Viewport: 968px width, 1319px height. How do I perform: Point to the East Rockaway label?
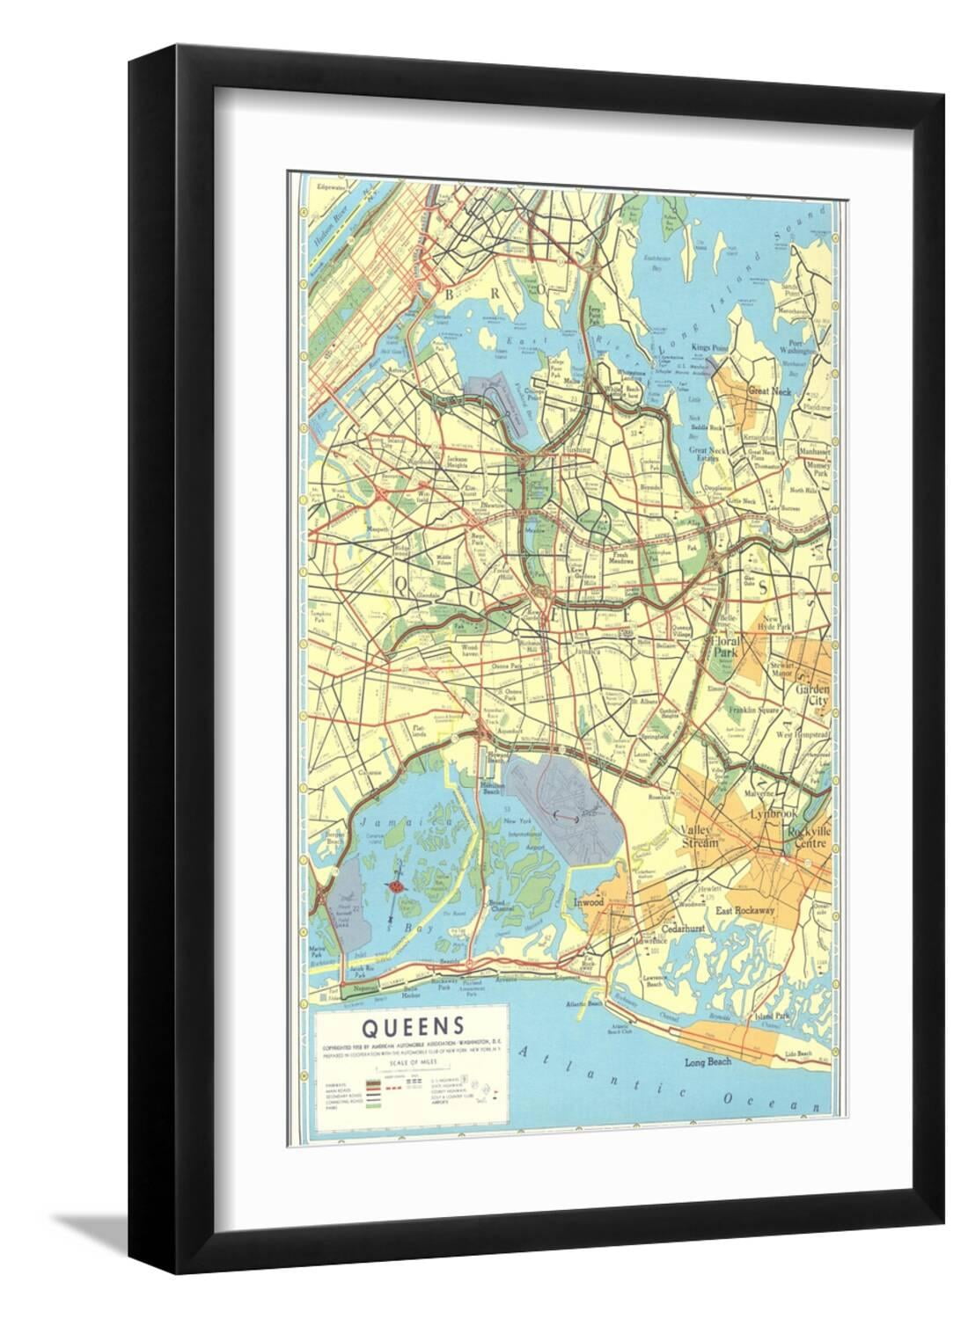[744, 911]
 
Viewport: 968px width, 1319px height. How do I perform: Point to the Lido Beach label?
[809, 1053]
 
